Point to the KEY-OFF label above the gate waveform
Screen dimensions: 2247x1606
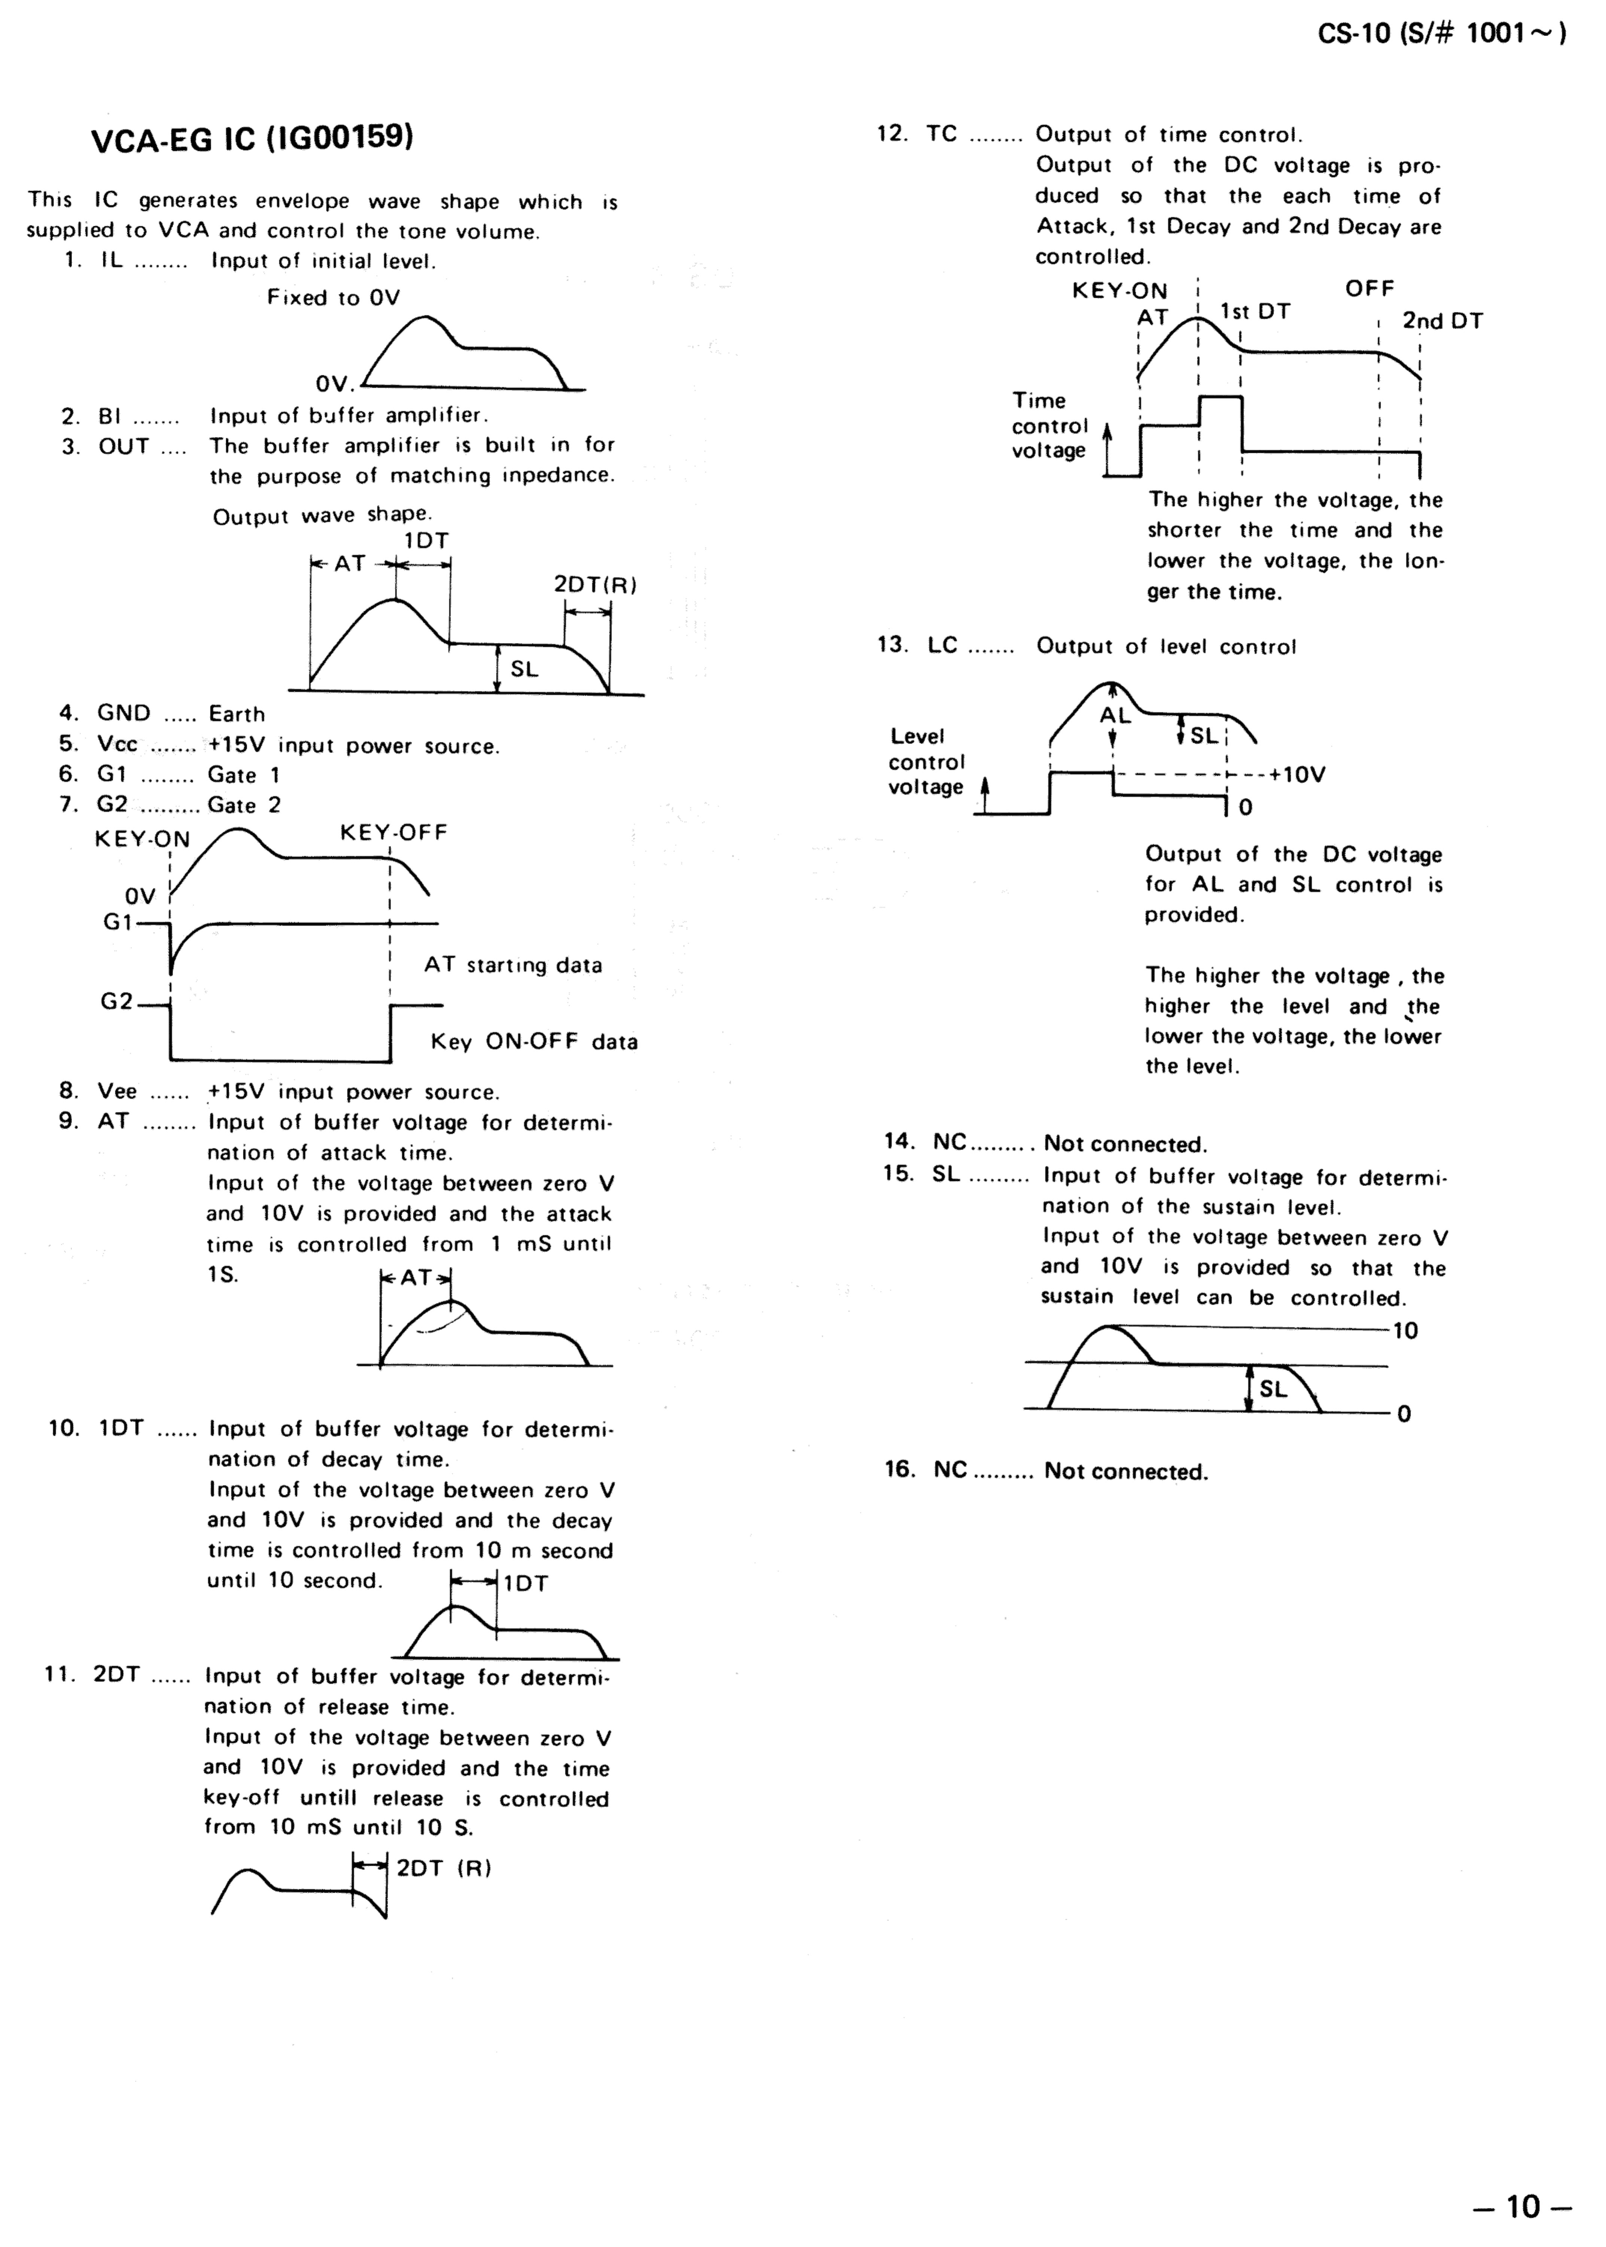[x=393, y=833]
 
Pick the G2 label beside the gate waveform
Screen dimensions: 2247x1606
[x=117, y=1002]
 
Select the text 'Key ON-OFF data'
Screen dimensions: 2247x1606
[x=534, y=1042]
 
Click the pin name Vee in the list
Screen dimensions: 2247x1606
[x=117, y=1092]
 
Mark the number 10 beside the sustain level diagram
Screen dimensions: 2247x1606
[x=1405, y=1331]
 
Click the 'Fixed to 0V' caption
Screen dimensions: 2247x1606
[x=333, y=298]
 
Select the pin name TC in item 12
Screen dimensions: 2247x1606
[x=942, y=134]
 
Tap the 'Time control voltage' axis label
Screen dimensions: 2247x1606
[x=1048, y=425]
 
